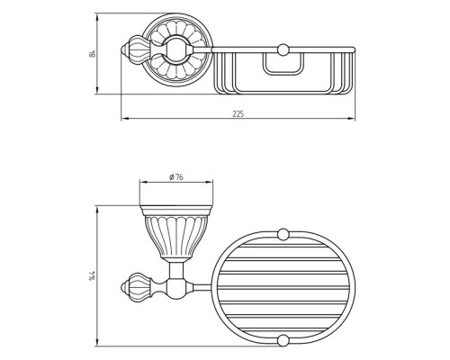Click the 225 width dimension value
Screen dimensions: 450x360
[238, 113]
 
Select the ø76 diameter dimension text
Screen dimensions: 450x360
[176, 177]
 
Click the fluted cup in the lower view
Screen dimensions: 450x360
[176, 233]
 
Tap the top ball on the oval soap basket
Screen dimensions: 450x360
[283, 234]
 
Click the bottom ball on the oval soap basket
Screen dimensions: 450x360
[283, 340]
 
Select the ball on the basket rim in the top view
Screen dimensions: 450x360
[283, 49]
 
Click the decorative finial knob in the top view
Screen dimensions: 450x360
[134, 49]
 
